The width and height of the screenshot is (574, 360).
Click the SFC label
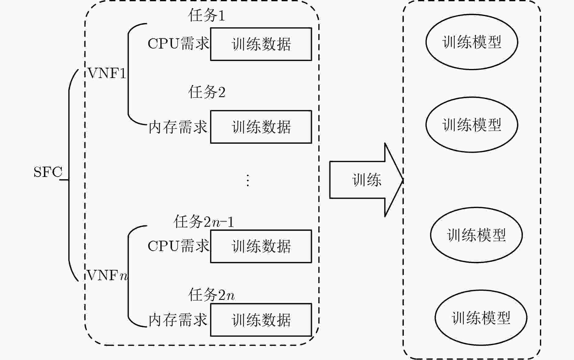pyautogui.click(x=48, y=172)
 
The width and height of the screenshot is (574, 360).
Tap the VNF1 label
pyautogui.click(x=107, y=73)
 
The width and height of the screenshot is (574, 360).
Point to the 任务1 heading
pyautogui.click(x=207, y=15)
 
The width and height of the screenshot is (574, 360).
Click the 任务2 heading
pyautogui.click(x=207, y=92)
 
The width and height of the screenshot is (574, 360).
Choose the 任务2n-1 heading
pyautogui.click(x=204, y=222)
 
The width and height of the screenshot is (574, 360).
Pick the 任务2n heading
pyautogui.click(x=211, y=295)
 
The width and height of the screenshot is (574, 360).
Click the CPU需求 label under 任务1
pyautogui.click(x=178, y=43)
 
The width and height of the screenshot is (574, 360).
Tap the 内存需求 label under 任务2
pyautogui.click(x=178, y=127)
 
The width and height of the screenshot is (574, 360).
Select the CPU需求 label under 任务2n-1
pyautogui.click(x=178, y=246)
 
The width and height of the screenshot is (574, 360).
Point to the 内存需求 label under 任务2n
pyautogui.click(x=178, y=320)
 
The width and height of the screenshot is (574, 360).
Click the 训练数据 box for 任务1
pyautogui.click(x=261, y=44)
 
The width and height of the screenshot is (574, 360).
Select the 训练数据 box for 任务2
pyautogui.click(x=261, y=127)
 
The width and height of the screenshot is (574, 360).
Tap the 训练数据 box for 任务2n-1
pyautogui.click(x=261, y=246)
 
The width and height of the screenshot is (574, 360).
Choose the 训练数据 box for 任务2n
pyautogui.click(x=261, y=320)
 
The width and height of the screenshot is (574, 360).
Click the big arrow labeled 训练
pyautogui.click(x=366, y=180)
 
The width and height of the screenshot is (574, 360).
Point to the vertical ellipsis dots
pyautogui.click(x=248, y=180)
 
